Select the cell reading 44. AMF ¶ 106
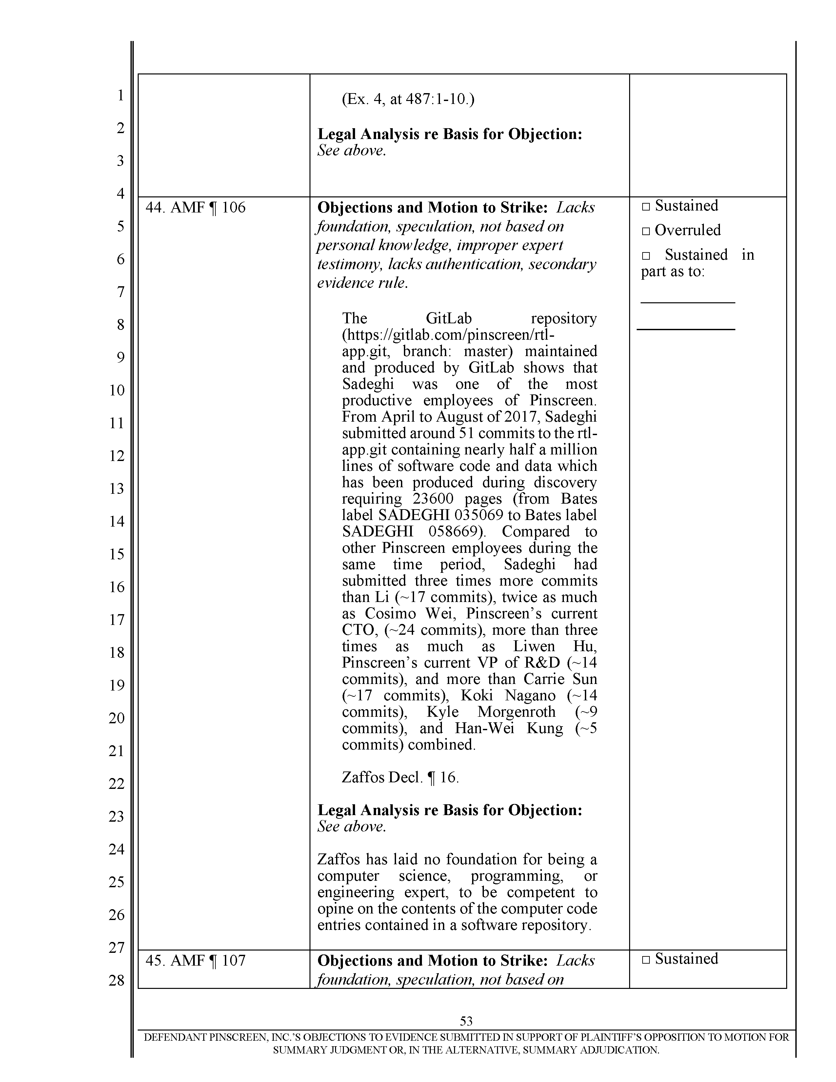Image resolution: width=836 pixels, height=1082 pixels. (x=196, y=208)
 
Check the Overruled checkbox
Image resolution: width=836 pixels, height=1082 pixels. (x=645, y=231)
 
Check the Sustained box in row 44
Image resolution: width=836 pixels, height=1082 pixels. (x=645, y=207)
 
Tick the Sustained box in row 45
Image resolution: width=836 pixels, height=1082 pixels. (x=645, y=960)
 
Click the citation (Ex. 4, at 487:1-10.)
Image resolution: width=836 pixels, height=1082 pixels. (x=408, y=100)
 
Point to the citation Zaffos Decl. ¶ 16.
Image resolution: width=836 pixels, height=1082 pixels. (x=400, y=777)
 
